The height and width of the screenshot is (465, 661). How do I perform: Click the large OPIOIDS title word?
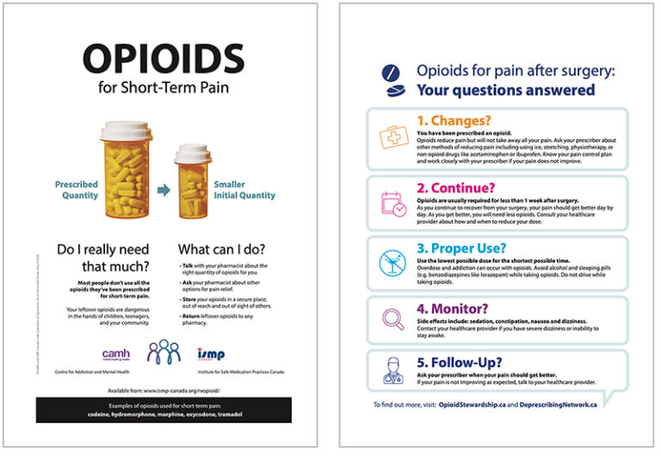click(x=164, y=58)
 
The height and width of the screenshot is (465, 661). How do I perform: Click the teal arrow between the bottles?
click(x=163, y=190)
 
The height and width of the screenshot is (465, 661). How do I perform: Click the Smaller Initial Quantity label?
click(x=244, y=189)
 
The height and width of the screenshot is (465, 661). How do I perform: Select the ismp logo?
click(x=210, y=352)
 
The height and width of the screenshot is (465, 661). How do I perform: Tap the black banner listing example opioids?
click(x=164, y=409)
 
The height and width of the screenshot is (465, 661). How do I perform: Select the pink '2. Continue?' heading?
click(x=454, y=187)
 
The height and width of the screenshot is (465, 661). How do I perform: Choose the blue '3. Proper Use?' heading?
click(x=461, y=249)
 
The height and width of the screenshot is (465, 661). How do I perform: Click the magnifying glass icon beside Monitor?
click(x=392, y=320)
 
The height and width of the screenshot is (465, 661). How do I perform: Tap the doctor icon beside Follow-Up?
click(x=392, y=370)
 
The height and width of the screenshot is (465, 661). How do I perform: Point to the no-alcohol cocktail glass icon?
click(x=392, y=262)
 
